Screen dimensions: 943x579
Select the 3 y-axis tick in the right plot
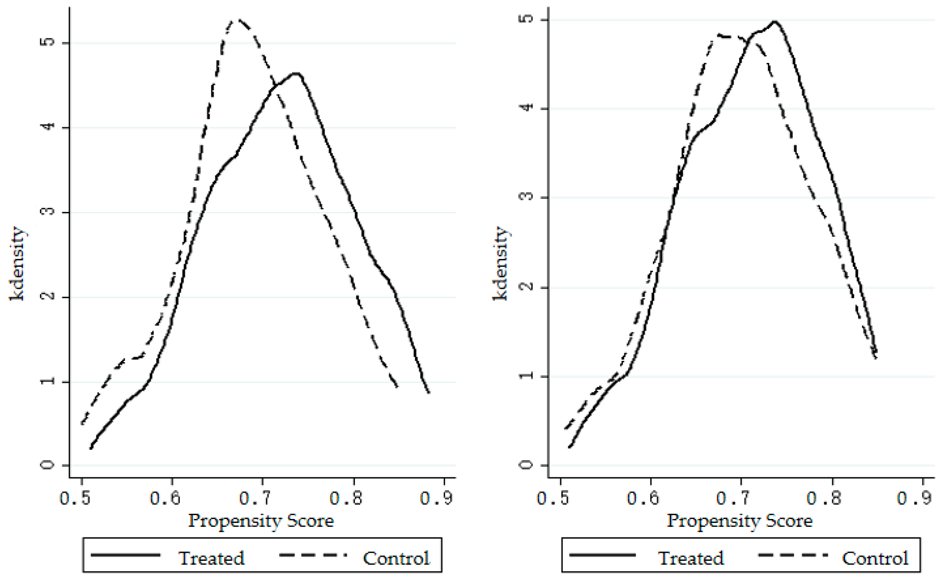[x=527, y=197]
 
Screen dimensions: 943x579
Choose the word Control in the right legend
[x=875, y=558]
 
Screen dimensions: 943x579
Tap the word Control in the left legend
[x=396, y=558]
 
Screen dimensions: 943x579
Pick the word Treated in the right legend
[x=691, y=558]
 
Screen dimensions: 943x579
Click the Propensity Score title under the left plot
[x=261, y=521]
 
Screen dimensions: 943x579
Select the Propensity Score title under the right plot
[x=740, y=521]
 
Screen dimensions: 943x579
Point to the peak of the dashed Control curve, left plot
[x=238, y=20]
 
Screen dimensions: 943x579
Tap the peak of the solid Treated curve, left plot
[x=295, y=73]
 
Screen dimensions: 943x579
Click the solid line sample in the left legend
[x=125, y=555]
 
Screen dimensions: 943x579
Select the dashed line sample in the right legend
[x=793, y=555]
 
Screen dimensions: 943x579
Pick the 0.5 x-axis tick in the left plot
[x=81, y=498]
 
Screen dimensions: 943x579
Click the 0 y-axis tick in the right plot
[x=527, y=465]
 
